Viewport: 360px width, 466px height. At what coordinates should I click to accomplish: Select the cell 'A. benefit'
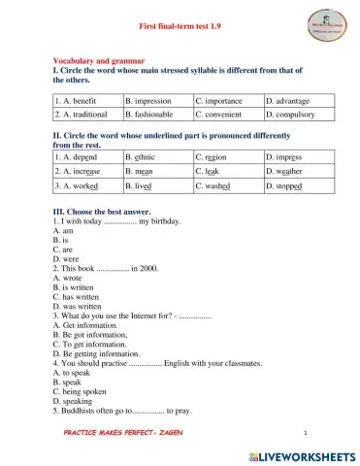(x=87, y=101)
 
